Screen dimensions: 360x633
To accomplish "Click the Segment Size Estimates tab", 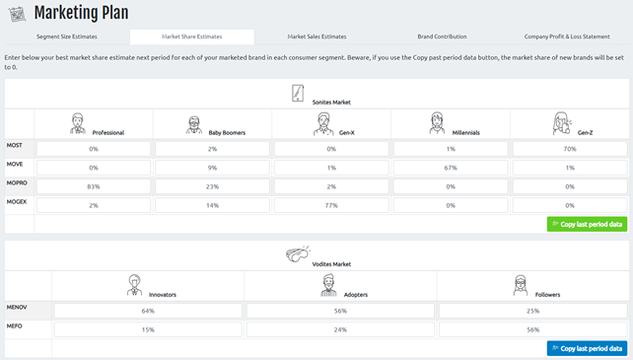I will (66, 36).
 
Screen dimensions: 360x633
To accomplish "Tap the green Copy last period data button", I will (587, 224).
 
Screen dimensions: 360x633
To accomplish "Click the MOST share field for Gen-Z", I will (568, 149).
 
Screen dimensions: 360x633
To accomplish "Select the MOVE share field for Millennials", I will (450, 168).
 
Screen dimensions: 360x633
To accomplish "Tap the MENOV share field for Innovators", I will (148, 311).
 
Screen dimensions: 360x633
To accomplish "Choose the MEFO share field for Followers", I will (531, 329).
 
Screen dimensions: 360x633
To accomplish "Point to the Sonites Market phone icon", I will (298, 94).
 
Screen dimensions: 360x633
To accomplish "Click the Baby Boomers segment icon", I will (194, 125).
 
